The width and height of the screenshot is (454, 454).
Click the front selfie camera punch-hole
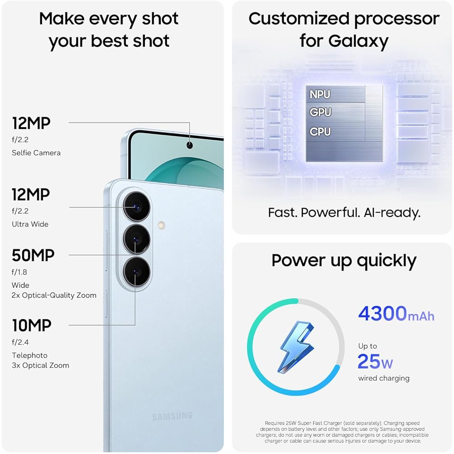[189, 145]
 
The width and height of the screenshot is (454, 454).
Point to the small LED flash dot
[161, 225]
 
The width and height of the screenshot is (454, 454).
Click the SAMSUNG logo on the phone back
[172, 416]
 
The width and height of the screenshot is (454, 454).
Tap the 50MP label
[33, 255]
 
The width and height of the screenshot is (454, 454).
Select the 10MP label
[31, 325]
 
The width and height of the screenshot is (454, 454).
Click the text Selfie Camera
[36, 153]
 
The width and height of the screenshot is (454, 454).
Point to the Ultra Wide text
[30, 224]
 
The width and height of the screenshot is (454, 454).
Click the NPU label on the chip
[320, 94]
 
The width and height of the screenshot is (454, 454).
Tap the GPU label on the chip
[321, 112]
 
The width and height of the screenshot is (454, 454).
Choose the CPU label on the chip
[321, 132]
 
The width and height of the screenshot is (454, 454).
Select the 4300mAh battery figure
[396, 314]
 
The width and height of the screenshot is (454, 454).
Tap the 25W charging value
[375, 362]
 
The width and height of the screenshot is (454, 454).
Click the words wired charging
[384, 378]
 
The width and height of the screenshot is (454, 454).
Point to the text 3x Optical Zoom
[40, 365]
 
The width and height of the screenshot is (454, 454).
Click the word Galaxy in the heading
[358, 41]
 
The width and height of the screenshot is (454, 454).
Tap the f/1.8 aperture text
[20, 272]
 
